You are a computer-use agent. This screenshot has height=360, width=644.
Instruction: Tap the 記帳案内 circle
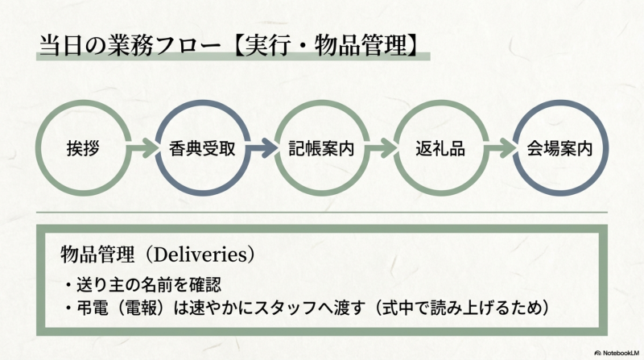pyautogui.click(x=322, y=149)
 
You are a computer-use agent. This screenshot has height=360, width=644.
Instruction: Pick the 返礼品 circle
pyautogui.click(x=441, y=149)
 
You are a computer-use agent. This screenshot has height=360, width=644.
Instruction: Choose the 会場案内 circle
pyautogui.click(x=560, y=149)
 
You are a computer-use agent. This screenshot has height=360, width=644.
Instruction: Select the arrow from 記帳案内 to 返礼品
pyautogui.click(x=382, y=149)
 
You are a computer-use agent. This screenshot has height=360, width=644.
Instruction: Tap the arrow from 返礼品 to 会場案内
pyautogui.click(x=501, y=149)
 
